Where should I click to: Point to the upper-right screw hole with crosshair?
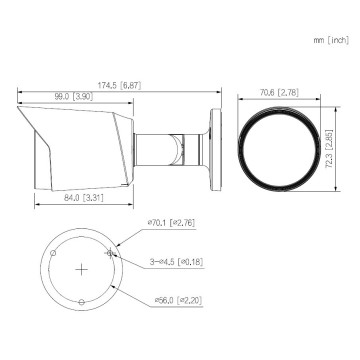[x=112, y=252]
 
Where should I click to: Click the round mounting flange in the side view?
[x=213, y=140]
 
